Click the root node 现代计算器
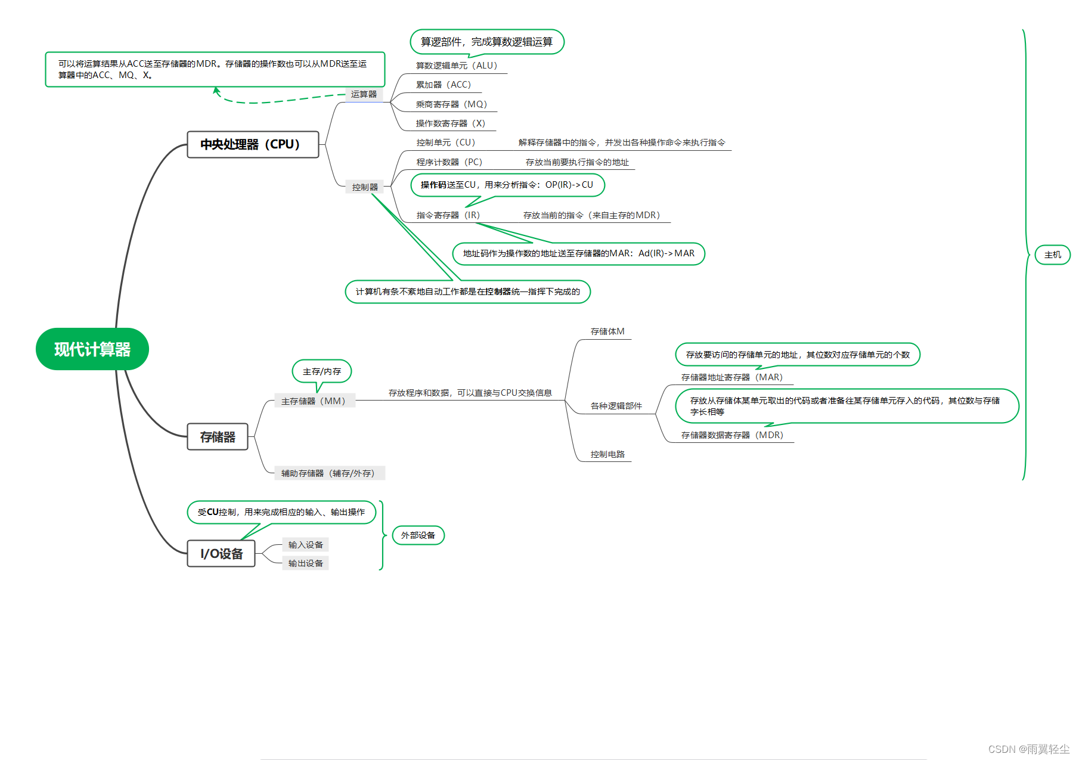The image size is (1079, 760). pyautogui.click(x=92, y=349)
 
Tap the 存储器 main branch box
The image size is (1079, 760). pyautogui.click(x=218, y=437)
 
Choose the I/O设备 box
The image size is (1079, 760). pyautogui.click(x=221, y=554)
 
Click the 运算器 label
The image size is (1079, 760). pyautogui.click(x=364, y=94)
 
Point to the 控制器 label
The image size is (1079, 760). pyautogui.click(x=365, y=187)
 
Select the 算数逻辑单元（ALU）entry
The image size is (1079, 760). pyautogui.click(x=456, y=66)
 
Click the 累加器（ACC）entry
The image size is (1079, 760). pyautogui.click(x=443, y=85)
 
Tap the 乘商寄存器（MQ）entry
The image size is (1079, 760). pyautogui.click(x=451, y=104)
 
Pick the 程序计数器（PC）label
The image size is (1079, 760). pyautogui.click(x=449, y=162)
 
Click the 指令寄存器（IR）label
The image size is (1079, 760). pyautogui.click(x=448, y=215)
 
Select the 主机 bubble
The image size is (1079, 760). pyautogui.click(x=1053, y=255)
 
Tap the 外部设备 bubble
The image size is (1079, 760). pyautogui.click(x=418, y=535)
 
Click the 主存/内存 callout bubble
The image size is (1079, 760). pyautogui.click(x=322, y=371)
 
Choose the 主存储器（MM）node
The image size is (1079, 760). pyautogui.click(x=314, y=401)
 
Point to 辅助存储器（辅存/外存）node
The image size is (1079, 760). pyautogui.click(x=328, y=473)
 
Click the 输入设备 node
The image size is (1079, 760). pyautogui.click(x=305, y=545)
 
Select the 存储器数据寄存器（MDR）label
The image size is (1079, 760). pyautogui.click(x=732, y=435)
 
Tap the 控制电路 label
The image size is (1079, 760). pyautogui.click(x=607, y=454)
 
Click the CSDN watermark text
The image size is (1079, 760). pyautogui.click(x=1028, y=749)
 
